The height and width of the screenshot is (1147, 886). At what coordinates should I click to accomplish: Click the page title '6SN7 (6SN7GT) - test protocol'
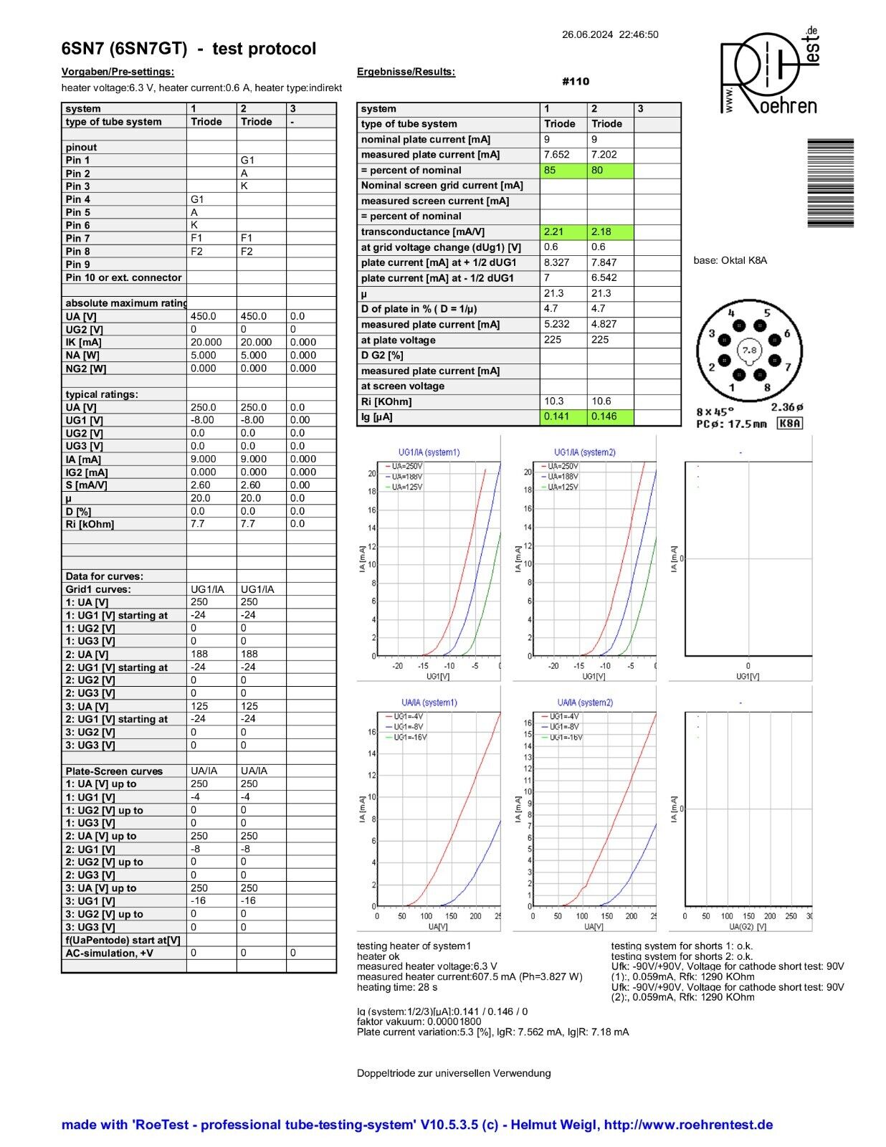click(x=189, y=49)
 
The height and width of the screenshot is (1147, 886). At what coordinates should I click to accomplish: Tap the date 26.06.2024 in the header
click(x=587, y=34)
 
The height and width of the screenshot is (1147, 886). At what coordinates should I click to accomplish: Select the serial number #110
click(x=576, y=81)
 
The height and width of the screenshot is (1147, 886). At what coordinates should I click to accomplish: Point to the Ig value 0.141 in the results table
click(x=556, y=417)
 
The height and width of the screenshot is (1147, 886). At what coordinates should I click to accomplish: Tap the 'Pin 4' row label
click(x=78, y=199)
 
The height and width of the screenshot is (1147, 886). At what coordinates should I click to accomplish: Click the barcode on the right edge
click(x=830, y=183)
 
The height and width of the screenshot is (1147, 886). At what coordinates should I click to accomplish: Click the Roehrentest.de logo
click(x=769, y=72)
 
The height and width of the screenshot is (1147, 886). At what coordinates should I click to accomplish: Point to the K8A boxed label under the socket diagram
click(x=789, y=423)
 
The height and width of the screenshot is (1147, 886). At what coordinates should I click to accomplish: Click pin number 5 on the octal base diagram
click(x=766, y=313)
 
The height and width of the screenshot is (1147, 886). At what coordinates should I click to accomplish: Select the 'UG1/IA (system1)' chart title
click(x=429, y=452)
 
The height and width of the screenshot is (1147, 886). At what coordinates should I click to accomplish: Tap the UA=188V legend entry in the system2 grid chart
click(x=563, y=477)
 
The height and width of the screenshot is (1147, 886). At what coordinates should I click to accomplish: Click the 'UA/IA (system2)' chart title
click(x=585, y=703)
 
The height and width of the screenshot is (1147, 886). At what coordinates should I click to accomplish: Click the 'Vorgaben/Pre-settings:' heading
click(x=118, y=72)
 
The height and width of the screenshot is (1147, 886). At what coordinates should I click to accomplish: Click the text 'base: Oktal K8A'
click(x=730, y=260)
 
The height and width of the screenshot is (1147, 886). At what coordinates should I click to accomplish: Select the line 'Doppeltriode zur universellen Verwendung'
click(x=454, y=1073)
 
